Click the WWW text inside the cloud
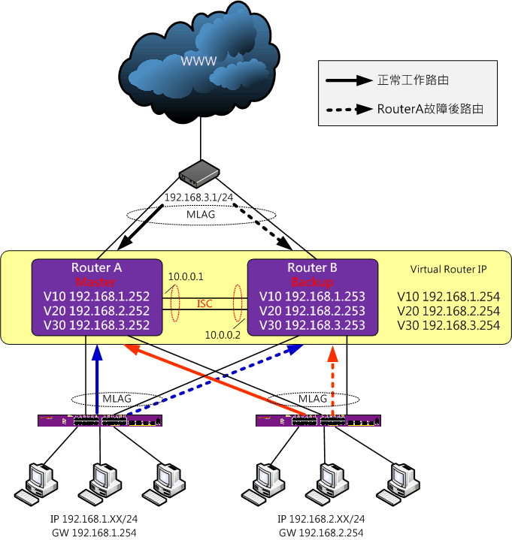tap(198, 61)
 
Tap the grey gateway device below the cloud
tap(199, 173)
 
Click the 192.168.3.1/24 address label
tap(198, 198)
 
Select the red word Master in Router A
tap(95, 282)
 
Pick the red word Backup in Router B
tap(312, 282)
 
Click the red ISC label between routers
tap(204, 303)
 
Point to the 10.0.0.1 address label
tap(186, 276)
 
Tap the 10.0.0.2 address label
tap(223, 335)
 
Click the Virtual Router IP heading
tap(448, 270)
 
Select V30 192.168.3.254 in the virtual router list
tap(448, 325)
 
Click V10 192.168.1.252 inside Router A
tap(96, 297)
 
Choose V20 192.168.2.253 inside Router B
tap(312, 311)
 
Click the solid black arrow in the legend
tap(350, 80)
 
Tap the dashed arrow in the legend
tap(350, 110)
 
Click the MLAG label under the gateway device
tap(201, 215)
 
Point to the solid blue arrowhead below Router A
tap(97, 353)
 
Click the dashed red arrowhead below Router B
tap(333, 354)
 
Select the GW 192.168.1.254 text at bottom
tap(94, 532)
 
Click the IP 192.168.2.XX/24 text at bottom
tap(321, 519)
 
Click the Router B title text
tap(312, 267)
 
